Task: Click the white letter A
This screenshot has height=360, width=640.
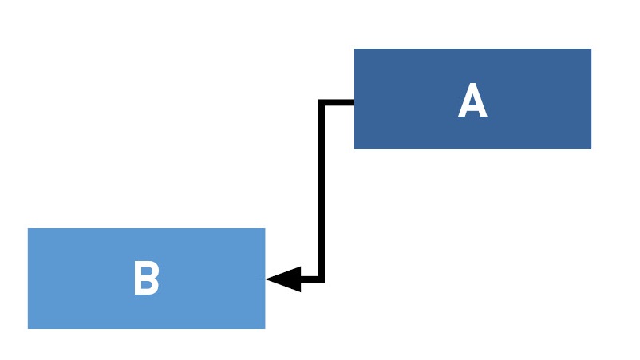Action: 472,100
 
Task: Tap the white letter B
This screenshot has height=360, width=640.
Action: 146,278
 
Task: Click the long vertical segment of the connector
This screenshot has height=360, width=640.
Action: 322,191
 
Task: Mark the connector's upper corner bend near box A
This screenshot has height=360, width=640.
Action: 322,102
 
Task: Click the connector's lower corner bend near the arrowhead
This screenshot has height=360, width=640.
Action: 322,279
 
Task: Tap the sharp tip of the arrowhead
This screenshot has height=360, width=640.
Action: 266,279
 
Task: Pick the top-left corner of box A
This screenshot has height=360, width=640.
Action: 354,49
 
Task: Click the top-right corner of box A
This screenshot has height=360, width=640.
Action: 591,49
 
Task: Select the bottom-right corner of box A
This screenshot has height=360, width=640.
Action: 591,149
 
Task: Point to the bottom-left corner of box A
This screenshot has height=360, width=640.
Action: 354,149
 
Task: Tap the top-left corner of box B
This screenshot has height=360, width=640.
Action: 28,228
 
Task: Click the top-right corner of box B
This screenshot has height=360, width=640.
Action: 265,228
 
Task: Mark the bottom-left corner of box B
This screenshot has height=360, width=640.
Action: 28,328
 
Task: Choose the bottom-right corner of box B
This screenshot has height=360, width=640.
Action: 265,328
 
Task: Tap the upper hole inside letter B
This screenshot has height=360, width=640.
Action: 146,271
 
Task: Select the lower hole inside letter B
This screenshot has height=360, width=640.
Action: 147,284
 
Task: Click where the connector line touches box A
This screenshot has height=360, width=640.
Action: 354,102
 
